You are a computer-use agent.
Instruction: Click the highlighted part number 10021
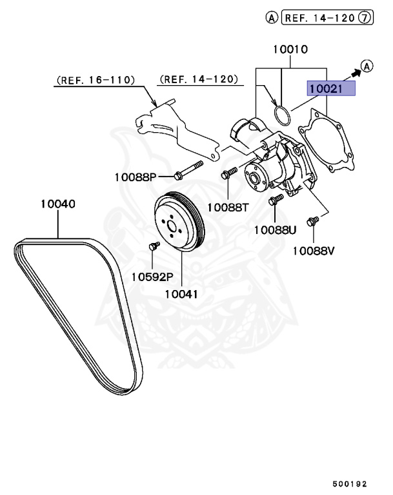click(331, 89)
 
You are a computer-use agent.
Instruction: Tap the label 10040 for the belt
click(57, 204)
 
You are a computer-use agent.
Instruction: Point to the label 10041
click(181, 294)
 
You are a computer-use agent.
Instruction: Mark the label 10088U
click(274, 229)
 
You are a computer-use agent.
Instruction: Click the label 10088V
click(314, 251)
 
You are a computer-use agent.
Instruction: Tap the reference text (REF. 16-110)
click(96, 80)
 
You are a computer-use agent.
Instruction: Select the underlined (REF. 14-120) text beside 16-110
click(198, 80)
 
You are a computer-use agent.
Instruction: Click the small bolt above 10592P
click(154, 246)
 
